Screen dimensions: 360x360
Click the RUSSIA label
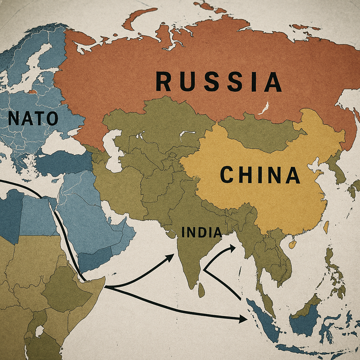[x=218, y=82]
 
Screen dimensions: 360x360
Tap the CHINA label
[x=259, y=175]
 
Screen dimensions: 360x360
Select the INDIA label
[x=201, y=232]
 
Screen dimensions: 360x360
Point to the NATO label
[x=33, y=119]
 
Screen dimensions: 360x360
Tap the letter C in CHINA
[x=227, y=175]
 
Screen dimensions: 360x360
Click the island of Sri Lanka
[x=201, y=290]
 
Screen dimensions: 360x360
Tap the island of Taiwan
[x=326, y=227]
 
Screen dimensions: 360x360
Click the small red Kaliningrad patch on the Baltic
[x=32, y=92]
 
